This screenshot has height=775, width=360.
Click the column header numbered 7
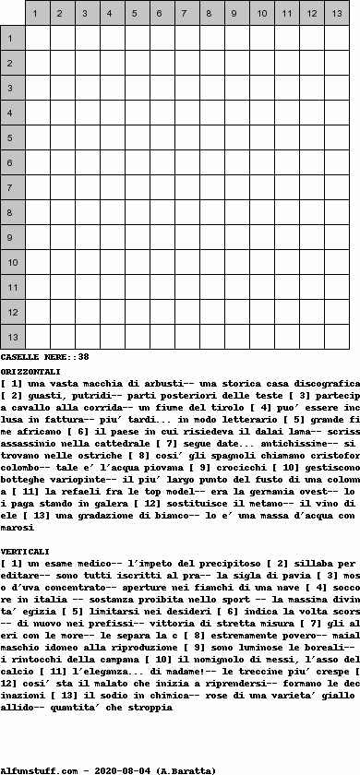pyautogui.click(x=186, y=14)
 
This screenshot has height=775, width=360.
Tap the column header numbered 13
pyautogui.click(x=336, y=14)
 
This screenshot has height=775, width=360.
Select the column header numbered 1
pyautogui.click(x=37, y=14)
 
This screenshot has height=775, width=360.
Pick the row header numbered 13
pyautogui.click(x=12, y=338)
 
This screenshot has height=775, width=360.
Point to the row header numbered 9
pyautogui.click(x=12, y=238)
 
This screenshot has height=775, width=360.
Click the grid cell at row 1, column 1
pyautogui.click(x=37, y=39)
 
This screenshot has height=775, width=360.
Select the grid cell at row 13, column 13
pyautogui.click(x=336, y=338)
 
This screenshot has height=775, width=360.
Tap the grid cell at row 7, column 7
pyautogui.click(x=186, y=188)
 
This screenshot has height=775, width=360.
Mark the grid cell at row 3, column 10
pyautogui.click(x=261, y=89)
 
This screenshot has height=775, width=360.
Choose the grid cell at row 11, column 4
pyautogui.click(x=112, y=288)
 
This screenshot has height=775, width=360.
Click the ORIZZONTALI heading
pyautogui.click(x=31, y=371)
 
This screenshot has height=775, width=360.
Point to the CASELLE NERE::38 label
pyautogui.click(x=44, y=356)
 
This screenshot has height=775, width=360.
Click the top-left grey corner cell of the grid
pyautogui.click(x=12, y=14)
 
